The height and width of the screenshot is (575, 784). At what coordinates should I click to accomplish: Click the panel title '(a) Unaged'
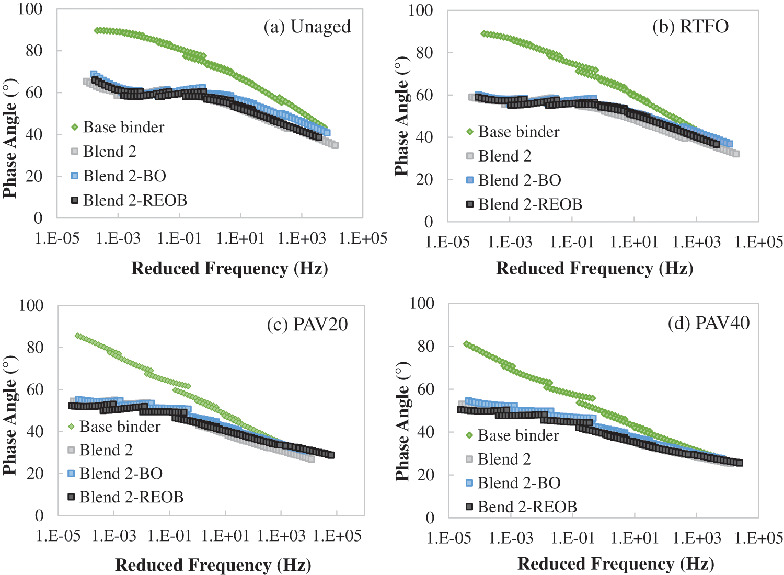pos(307,27)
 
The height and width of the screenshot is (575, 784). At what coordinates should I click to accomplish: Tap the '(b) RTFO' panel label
pos(690,27)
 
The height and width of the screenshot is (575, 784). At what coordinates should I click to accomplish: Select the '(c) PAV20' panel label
pos(307,325)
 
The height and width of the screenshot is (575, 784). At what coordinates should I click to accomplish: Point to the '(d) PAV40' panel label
pos(709,323)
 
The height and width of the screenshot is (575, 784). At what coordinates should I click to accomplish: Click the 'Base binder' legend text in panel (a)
pos(123,127)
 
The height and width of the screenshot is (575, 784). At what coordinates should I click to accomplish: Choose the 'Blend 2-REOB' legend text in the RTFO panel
pos(530,204)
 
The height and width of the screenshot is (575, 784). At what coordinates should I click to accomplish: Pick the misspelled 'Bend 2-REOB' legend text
pos(527,507)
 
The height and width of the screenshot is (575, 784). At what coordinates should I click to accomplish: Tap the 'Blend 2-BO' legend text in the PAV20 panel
pos(121,474)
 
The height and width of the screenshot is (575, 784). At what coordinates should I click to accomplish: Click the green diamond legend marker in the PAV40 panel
pos(469,435)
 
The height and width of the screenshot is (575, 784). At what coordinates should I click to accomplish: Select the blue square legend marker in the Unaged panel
pos(75,176)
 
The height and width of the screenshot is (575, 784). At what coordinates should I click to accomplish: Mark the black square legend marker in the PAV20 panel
pos(72,497)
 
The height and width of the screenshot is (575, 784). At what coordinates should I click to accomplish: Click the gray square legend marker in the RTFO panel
pos(469,156)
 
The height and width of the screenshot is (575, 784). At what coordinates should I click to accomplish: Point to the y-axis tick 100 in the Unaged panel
pos(30,9)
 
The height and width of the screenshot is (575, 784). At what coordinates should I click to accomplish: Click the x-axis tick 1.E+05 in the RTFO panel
pos(758,242)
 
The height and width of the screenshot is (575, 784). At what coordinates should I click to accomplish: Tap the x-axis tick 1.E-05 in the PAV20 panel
pos(58,536)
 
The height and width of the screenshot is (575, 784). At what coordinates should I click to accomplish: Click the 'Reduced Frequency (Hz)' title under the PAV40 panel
pos(616,564)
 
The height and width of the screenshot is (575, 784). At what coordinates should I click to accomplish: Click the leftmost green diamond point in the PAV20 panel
pos(78,336)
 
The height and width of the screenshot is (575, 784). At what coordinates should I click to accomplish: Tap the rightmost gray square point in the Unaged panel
pos(335,145)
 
